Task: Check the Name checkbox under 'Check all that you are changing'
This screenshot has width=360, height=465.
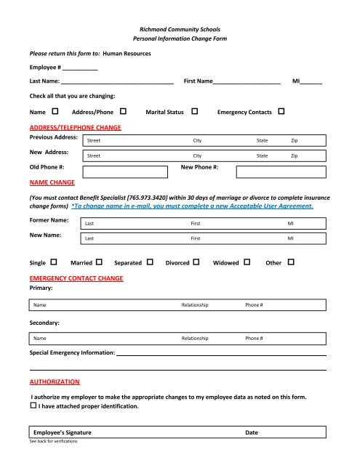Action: point(56,113)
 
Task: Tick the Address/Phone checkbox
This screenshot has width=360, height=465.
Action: point(122,113)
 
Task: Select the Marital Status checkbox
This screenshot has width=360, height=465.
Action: point(195,113)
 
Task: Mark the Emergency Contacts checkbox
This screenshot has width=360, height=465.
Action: point(281,113)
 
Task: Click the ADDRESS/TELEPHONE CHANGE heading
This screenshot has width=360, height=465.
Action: point(75,126)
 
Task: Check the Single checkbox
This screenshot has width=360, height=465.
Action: point(55,262)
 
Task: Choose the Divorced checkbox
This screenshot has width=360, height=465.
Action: point(196,262)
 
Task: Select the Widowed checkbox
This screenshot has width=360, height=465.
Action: point(247,262)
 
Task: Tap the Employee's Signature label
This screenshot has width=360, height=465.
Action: point(63,432)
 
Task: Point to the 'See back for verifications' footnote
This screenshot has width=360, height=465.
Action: point(53,442)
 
